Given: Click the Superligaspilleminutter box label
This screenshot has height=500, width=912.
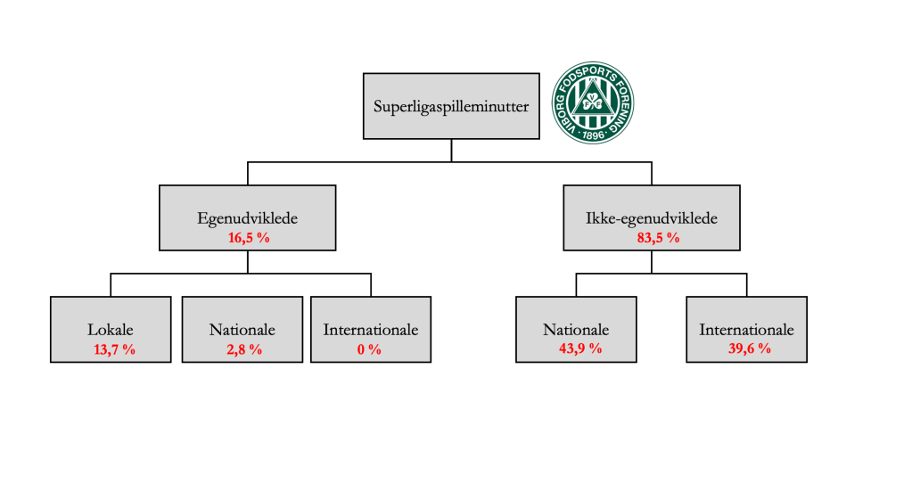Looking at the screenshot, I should tap(451, 107).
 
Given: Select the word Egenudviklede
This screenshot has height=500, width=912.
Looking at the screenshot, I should tap(247, 217).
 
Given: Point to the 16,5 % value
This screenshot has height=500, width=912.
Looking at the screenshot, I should tap(247, 237).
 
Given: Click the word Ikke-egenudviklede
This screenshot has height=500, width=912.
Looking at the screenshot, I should tap(651, 217).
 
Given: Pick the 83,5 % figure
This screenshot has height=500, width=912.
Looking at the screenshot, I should tap(651, 237).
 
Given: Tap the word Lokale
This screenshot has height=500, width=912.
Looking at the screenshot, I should tap(111, 330).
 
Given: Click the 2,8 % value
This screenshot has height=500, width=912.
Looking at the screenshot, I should tap(242, 348).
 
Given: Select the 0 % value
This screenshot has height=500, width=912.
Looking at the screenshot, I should tap(369, 348).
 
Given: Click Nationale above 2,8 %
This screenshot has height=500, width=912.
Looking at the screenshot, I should tap(242, 330).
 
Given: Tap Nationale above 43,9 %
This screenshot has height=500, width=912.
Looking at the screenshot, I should tap(575, 330).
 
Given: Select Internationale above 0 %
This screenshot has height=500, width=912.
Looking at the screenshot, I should tap(370, 330).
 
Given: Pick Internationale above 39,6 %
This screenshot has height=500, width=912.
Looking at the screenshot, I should tap(746, 330).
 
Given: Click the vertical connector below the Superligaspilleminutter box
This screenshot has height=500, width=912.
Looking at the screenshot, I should tap(451, 151).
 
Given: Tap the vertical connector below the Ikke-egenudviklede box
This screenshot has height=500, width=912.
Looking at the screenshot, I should tap(652, 262).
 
